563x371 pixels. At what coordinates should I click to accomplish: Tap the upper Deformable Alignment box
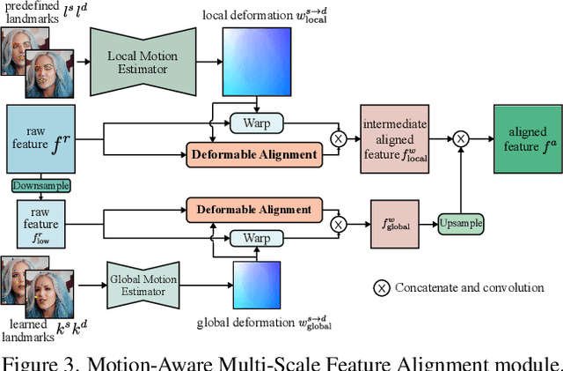coord(254,154)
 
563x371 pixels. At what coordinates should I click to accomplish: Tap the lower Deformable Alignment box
coord(254,209)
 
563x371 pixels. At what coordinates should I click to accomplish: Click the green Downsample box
coord(40,186)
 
